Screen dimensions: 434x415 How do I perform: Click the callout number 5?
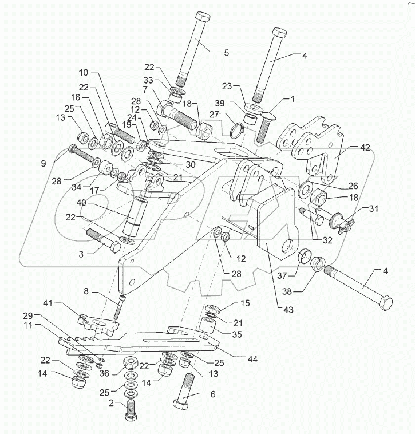226,52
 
